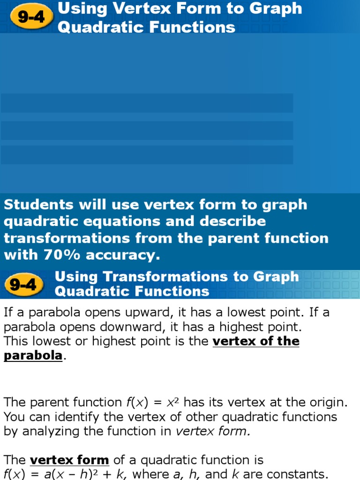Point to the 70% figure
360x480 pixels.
(x=62, y=255)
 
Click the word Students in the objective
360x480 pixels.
(x=38, y=204)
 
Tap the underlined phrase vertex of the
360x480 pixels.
(x=256, y=341)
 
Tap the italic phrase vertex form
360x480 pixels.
(x=213, y=431)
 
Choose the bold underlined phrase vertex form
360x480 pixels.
(x=69, y=460)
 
